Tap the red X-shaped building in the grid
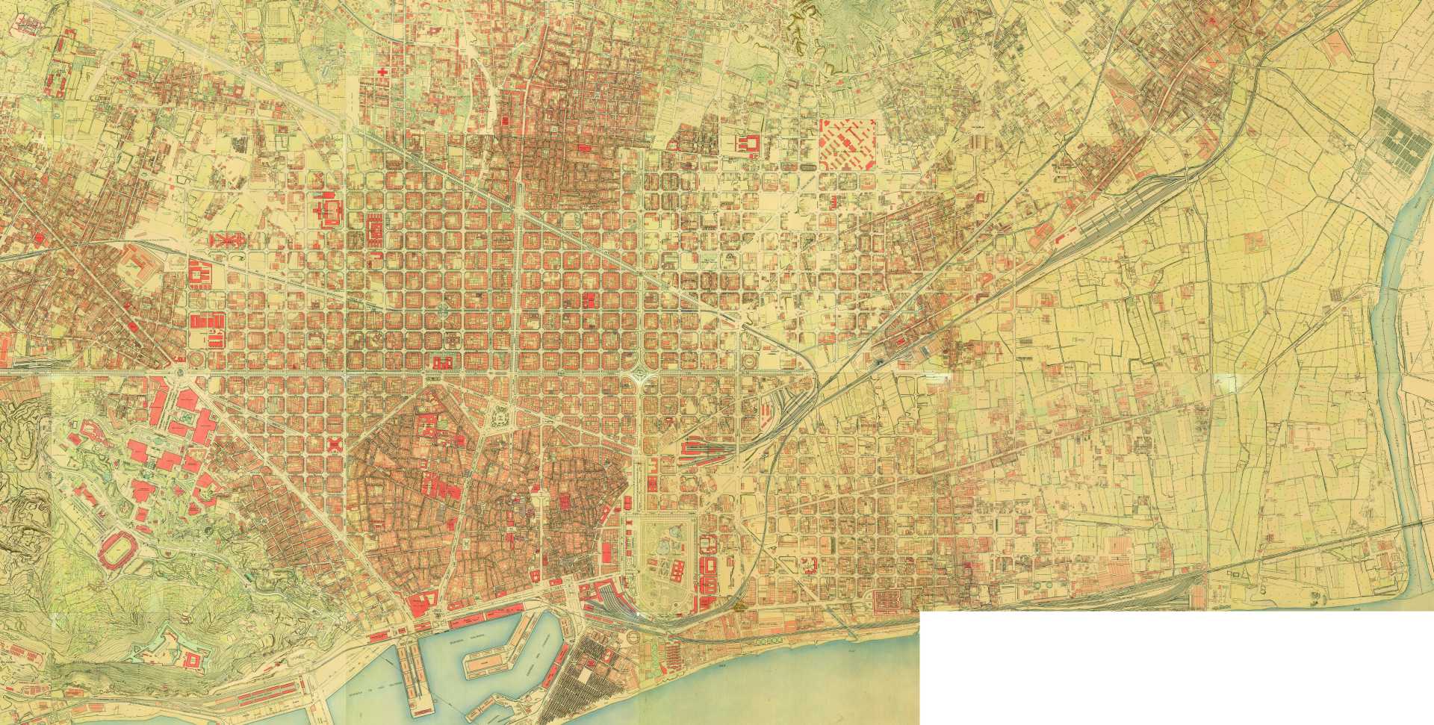coord(335,444)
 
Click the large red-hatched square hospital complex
coord(847,144)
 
